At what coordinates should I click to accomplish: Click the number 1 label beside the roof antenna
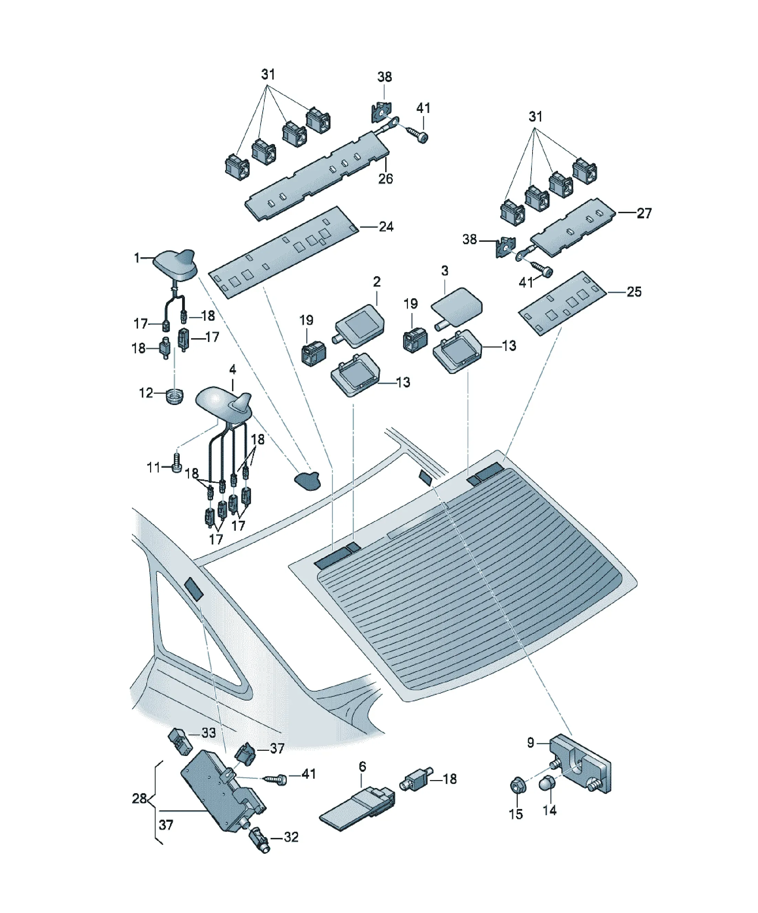click(x=137, y=258)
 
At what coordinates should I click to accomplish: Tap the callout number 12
click(x=146, y=393)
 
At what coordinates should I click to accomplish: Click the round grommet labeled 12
click(x=174, y=396)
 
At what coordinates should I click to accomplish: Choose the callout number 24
click(x=386, y=227)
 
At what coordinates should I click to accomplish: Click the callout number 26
click(x=385, y=179)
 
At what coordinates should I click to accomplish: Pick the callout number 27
click(x=644, y=214)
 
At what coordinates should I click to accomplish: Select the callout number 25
click(x=634, y=292)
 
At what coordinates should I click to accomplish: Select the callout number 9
click(x=530, y=743)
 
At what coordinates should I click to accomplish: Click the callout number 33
click(x=209, y=733)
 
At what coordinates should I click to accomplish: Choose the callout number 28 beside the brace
click(x=139, y=798)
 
